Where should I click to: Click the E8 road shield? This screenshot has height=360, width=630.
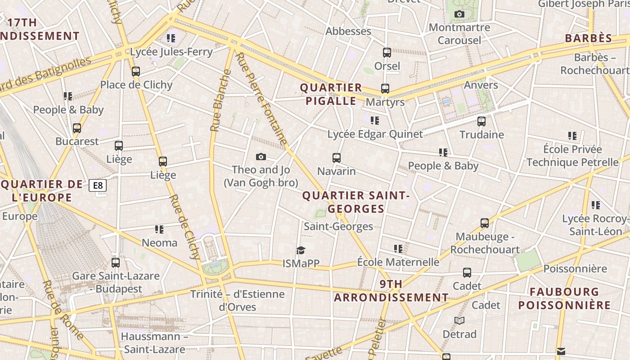click(97, 185)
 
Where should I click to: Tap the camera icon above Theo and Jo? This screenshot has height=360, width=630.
click(261, 157)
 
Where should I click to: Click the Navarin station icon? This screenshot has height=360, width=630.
click(337, 158)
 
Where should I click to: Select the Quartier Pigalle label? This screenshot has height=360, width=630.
click(331, 94)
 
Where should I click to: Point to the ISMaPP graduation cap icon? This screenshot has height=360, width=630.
click(301, 250)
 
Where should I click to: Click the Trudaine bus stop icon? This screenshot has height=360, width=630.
click(481, 121)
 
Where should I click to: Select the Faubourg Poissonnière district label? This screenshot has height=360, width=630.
click(564, 298)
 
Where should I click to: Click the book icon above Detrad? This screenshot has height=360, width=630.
click(459, 320)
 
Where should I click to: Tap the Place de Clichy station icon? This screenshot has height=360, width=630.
click(136, 72)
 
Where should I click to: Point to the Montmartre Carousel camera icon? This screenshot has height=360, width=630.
click(459, 14)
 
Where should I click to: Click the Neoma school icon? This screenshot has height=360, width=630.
click(159, 229)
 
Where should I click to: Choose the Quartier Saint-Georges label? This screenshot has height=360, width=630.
click(356, 202)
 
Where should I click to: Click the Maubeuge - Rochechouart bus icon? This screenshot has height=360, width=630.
click(485, 223)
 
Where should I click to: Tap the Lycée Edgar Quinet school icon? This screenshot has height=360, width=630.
click(374, 121)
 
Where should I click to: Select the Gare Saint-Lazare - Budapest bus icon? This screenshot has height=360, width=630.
click(116, 262)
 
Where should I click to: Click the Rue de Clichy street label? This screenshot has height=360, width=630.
click(184, 228)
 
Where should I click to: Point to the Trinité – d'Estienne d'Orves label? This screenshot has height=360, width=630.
click(237, 301)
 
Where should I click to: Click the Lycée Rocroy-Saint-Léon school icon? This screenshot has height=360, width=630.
click(595, 205)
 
